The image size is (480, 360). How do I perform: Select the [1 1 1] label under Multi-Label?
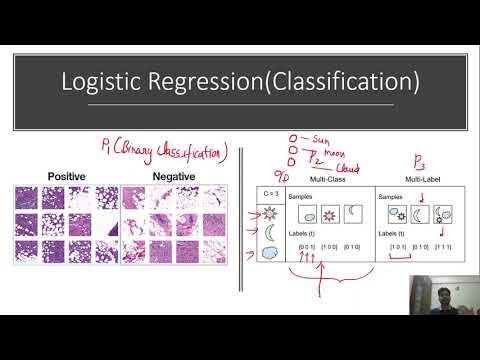[x=442, y=245]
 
